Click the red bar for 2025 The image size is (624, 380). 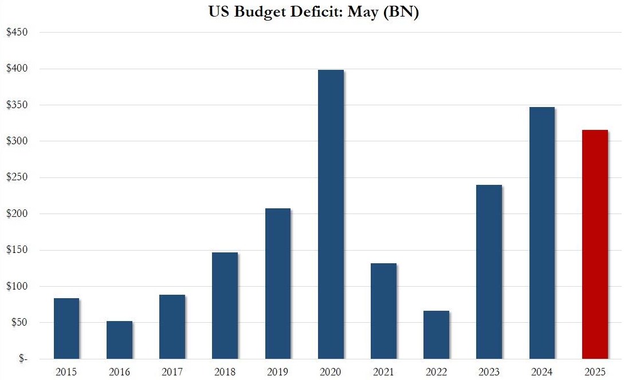[595, 244]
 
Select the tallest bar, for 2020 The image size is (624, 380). [331, 214]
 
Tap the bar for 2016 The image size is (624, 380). [119, 340]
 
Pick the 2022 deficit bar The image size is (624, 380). [436, 335]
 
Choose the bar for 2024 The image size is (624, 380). [542, 233]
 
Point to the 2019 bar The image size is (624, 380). [278, 284]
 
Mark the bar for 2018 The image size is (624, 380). [225, 306]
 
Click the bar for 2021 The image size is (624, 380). [384, 311]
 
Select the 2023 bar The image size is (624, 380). [489, 272]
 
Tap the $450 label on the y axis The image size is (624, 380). [17, 32]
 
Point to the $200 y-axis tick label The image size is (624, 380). [17, 213]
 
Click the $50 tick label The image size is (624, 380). [19, 322]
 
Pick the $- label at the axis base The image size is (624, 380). [23, 358]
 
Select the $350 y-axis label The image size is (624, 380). [17, 105]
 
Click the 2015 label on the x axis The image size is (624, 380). [66, 372]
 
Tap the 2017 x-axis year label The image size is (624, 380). [172, 372]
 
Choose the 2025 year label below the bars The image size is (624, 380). [595, 372]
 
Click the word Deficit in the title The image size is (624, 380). [316, 11]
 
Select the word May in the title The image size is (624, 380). [363, 13]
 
